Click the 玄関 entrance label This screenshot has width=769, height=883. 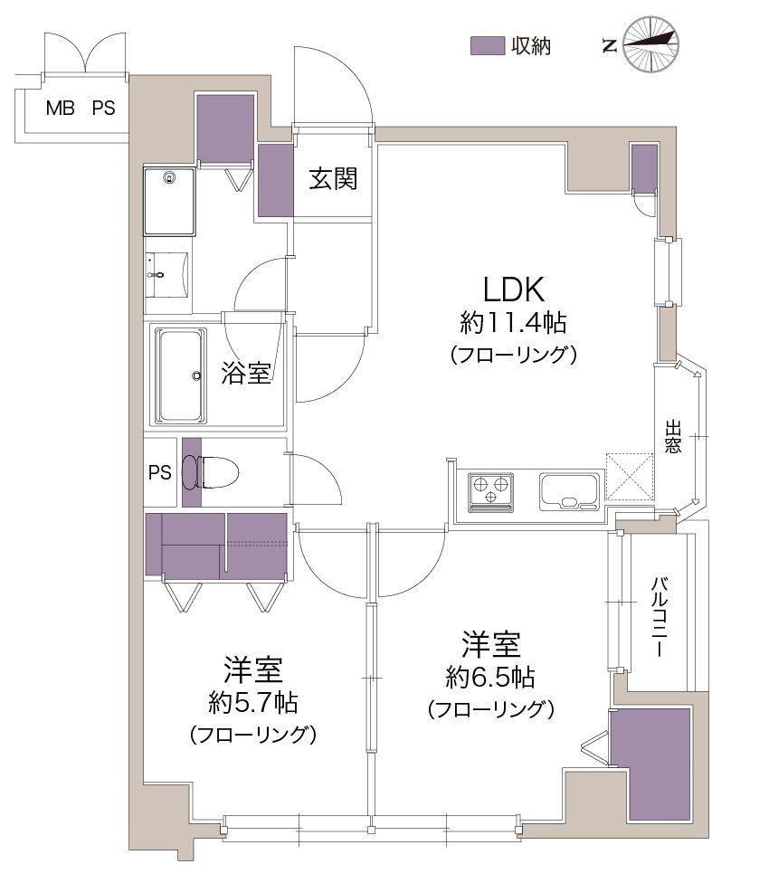[x=333, y=179]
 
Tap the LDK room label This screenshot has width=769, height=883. [x=514, y=290]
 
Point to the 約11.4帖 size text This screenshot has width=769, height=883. [x=513, y=323]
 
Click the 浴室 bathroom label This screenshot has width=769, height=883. [x=246, y=373]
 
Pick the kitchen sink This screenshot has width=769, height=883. [x=569, y=491]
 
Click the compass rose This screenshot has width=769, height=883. [x=652, y=44]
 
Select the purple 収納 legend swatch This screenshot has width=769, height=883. [x=487, y=45]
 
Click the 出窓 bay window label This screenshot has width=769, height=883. [x=673, y=436]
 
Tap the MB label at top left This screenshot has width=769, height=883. [x=61, y=109]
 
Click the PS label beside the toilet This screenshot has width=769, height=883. [x=160, y=472]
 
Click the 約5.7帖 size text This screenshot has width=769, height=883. [x=253, y=702]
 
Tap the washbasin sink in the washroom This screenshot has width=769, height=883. [x=167, y=274]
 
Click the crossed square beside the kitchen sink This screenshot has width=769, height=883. [x=630, y=477]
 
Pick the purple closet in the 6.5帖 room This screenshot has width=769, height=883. [x=650, y=764]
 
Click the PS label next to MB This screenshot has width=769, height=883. [x=103, y=109]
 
